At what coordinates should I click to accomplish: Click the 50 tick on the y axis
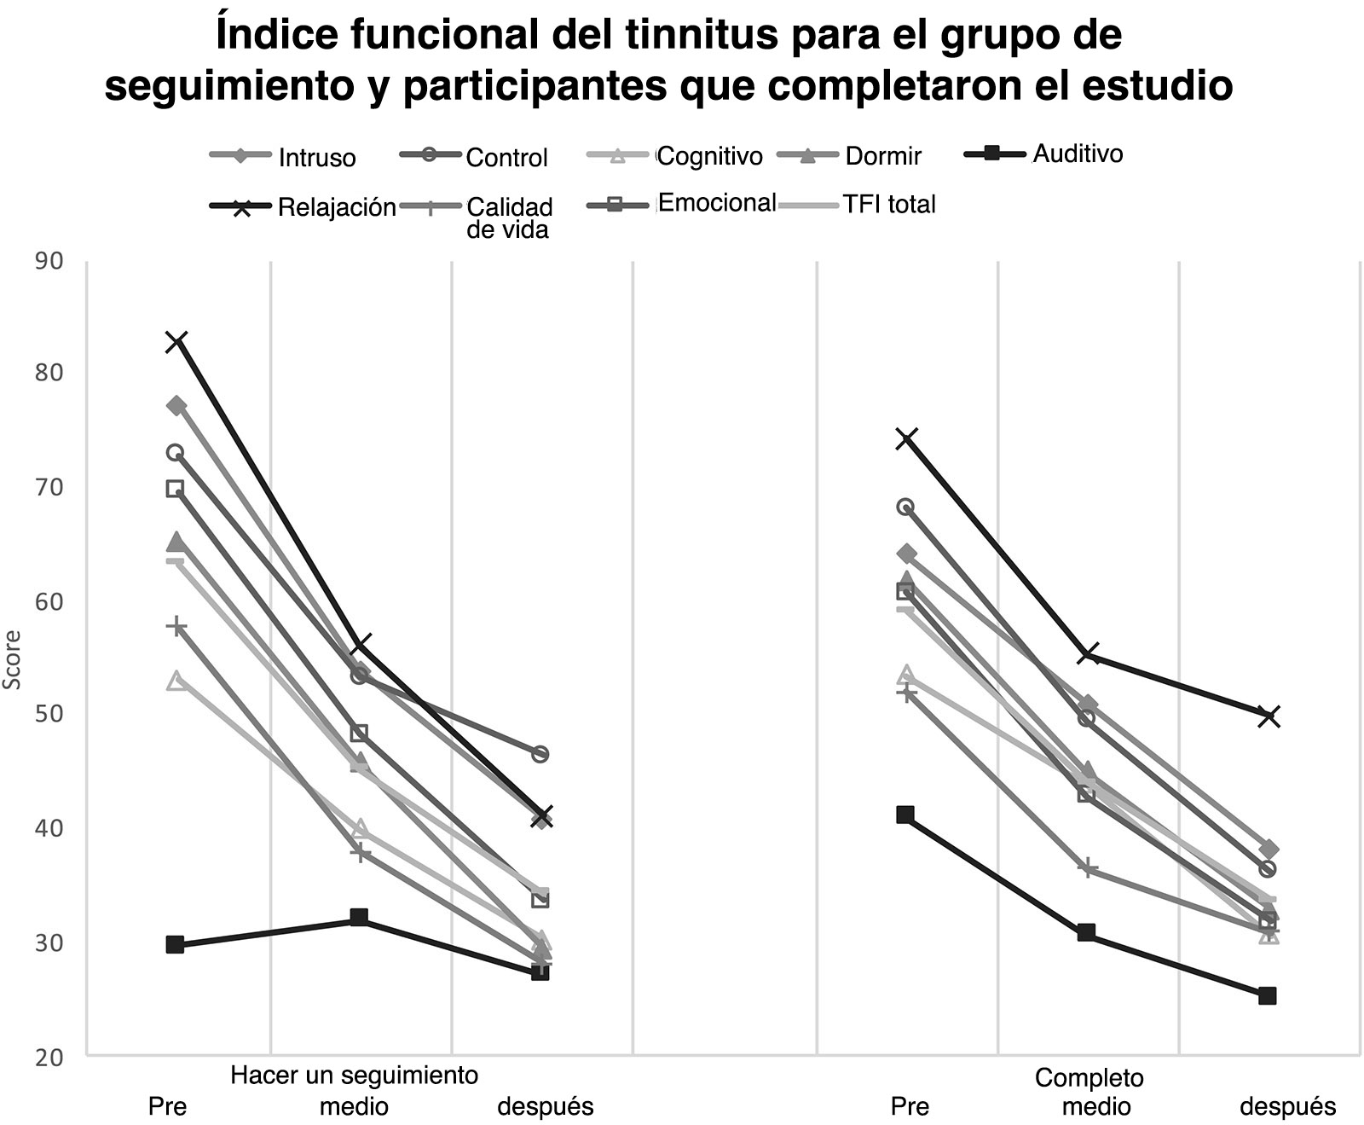coord(49,714)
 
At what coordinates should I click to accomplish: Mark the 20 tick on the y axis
coord(49,1057)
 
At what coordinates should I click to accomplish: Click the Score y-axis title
coord(13,660)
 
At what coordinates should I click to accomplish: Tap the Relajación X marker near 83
coord(176,342)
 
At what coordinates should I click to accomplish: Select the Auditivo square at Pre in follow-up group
coord(176,944)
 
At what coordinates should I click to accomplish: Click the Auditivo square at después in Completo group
coord(1267,995)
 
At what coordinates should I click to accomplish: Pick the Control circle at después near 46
coord(540,754)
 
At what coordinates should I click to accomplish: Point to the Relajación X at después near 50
coord(1269,716)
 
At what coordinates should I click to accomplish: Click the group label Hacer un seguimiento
coord(354,1076)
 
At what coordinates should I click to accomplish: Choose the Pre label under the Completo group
coord(910,1107)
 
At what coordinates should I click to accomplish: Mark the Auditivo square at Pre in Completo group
coord(905,815)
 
